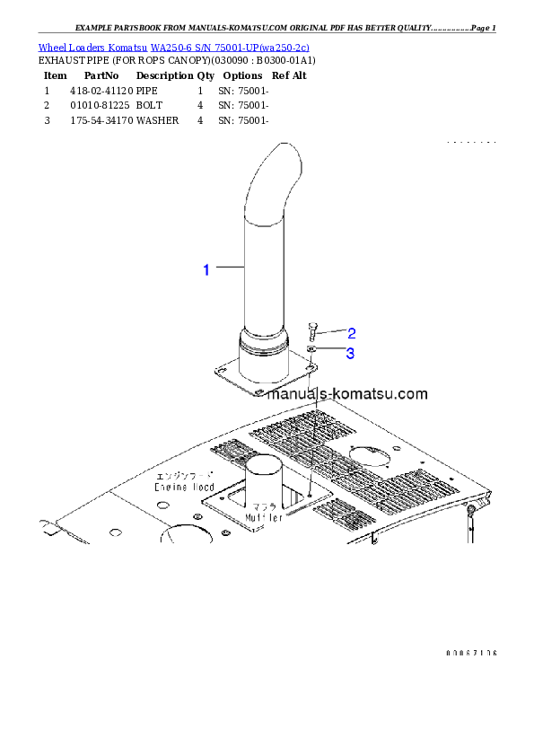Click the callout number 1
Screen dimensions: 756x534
pyautogui.click(x=206, y=268)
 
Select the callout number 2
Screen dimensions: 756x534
pyautogui.click(x=352, y=333)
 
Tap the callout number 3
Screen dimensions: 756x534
pyautogui.click(x=351, y=354)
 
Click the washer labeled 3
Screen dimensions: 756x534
pyautogui.click(x=311, y=350)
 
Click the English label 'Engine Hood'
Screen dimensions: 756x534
pyautogui.click(x=183, y=486)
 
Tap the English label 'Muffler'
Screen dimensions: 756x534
pyautogui.click(x=263, y=517)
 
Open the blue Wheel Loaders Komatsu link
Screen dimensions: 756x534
pyautogui.click(x=173, y=47)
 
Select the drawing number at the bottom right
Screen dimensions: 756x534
pyautogui.click(x=471, y=653)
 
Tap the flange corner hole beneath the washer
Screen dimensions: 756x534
pyautogui.click(x=309, y=367)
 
